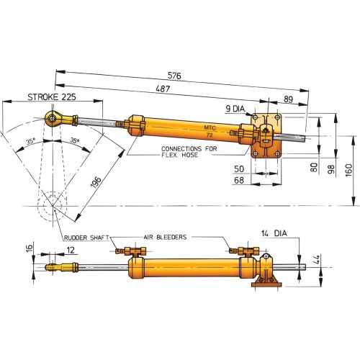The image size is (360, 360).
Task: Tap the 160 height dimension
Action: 348,171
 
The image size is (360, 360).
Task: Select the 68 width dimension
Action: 238,180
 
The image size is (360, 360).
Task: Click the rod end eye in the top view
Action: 53,117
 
